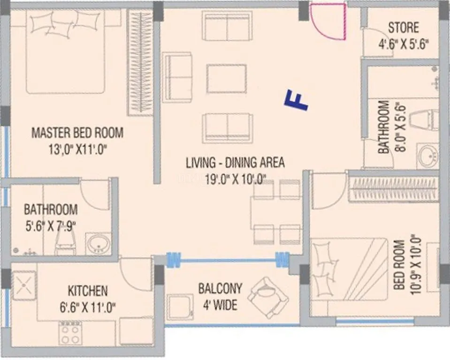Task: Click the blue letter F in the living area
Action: coord(296,101)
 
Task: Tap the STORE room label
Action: coord(403,27)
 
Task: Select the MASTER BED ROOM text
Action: coord(77,133)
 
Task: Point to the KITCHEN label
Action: coord(88,291)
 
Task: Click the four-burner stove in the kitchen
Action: coord(70,334)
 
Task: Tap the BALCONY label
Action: coord(220,288)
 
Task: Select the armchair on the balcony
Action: coord(267,297)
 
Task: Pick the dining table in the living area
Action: coord(275,212)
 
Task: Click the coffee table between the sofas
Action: coord(227,78)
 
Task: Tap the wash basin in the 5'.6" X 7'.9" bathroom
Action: coord(99,244)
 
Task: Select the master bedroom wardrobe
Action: coord(141,63)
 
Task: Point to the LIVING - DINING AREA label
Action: coord(235,163)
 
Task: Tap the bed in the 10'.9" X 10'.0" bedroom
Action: coord(350,269)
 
